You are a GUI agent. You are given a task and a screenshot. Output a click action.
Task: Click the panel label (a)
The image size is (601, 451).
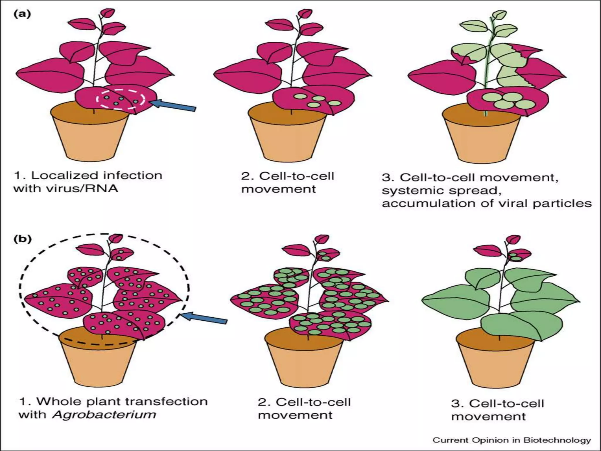[x=22, y=14]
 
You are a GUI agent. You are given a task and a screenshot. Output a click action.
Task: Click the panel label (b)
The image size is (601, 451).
[x=23, y=239]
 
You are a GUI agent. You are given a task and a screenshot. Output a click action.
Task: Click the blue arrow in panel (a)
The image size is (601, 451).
[x=175, y=105]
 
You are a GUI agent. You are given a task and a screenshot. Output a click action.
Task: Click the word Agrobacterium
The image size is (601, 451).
[x=104, y=415]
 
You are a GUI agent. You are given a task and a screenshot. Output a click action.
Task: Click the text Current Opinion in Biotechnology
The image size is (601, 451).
[x=511, y=440]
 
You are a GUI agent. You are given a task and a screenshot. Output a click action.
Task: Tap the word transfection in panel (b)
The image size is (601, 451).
[x=164, y=401]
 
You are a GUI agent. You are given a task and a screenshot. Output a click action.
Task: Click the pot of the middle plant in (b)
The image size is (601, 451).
[x=304, y=364]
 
